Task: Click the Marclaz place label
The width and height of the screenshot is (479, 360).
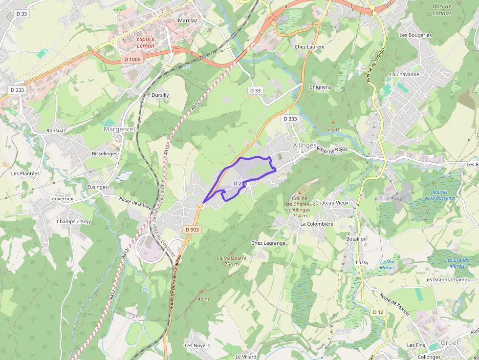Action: [x=188, y=21]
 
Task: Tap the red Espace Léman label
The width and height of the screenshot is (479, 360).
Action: [x=146, y=42]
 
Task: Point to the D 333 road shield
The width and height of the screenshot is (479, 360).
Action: [x=290, y=119]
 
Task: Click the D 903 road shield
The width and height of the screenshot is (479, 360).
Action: [x=193, y=229]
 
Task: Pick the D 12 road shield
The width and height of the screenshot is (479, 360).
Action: [x=378, y=312]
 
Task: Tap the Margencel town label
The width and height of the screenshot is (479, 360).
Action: [x=119, y=129]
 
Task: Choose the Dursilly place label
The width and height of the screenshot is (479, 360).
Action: [x=160, y=95]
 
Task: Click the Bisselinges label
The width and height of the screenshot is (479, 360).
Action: [x=105, y=153]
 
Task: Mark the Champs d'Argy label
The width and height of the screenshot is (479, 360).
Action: [x=74, y=221]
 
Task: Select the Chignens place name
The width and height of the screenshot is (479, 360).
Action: [x=320, y=87]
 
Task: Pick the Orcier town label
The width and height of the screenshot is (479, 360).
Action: [x=450, y=342]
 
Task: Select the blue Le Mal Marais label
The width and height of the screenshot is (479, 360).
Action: [x=387, y=264]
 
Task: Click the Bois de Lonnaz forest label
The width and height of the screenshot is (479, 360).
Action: [x=442, y=10]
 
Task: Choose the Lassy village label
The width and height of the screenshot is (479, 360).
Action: [x=362, y=262]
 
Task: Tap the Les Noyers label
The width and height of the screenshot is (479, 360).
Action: [x=197, y=345]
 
